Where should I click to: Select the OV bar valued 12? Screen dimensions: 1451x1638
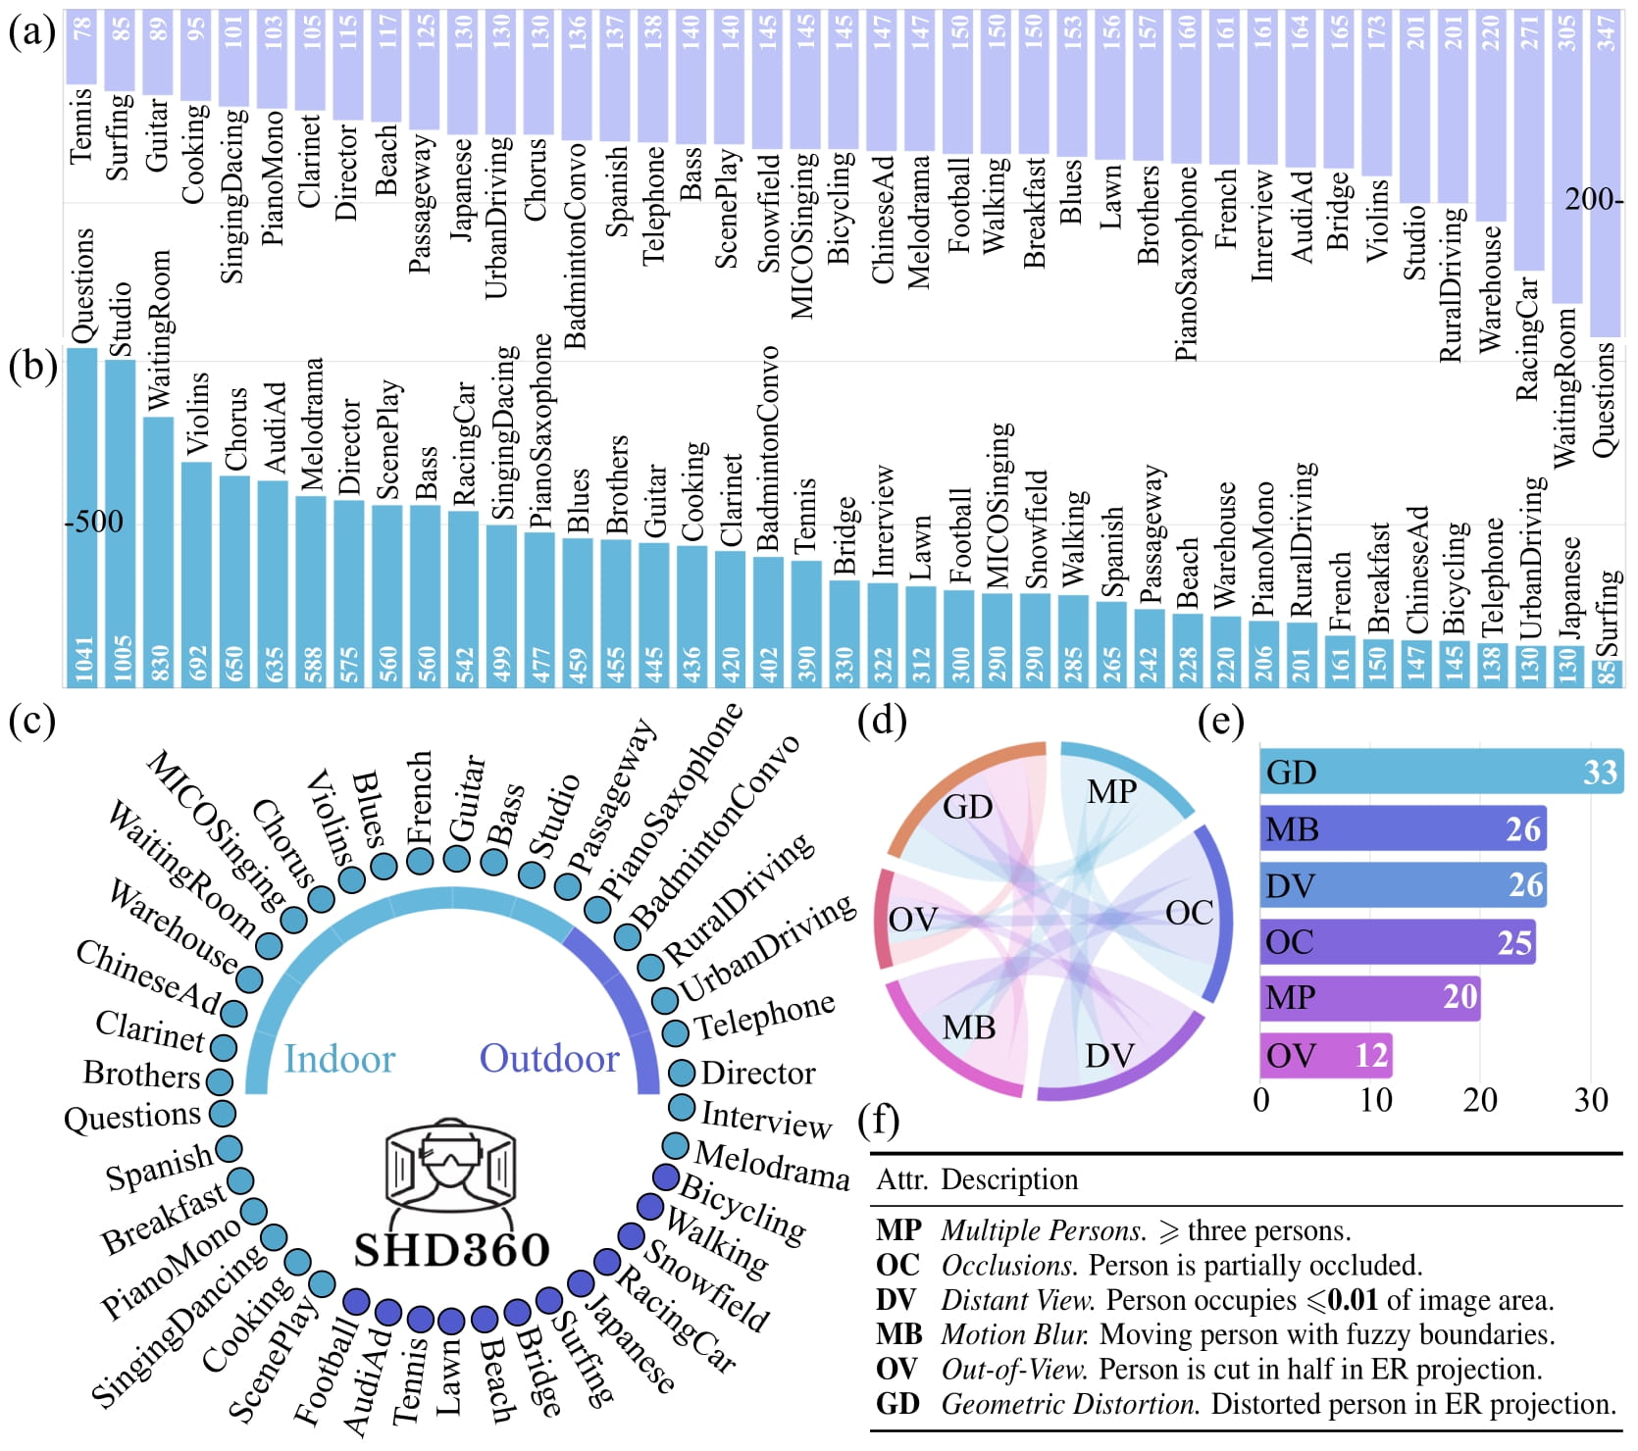[x=1325, y=1056]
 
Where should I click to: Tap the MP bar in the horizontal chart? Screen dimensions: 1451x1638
[x=1369, y=998]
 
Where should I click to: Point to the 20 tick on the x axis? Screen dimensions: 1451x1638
[x=1479, y=1100]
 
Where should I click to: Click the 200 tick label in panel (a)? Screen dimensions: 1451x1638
[x=1592, y=200]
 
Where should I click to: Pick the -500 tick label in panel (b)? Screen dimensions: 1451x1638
[x=95, y=522]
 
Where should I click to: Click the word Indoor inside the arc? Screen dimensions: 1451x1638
[x=338, y=1059]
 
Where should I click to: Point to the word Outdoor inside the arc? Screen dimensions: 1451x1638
[x=549, y=1059]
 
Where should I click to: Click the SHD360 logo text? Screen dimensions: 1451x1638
[x=452, y=1250]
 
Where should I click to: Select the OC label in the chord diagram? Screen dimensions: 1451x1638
[x=1189, y=914]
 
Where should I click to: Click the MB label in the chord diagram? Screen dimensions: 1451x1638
[x=968, y=1027]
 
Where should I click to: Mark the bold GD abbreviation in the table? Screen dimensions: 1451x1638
[x=897, y=1404]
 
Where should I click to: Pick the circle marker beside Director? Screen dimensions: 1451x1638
[x=681, y=1073]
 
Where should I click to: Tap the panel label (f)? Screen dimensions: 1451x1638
[x=878, y=1120]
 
